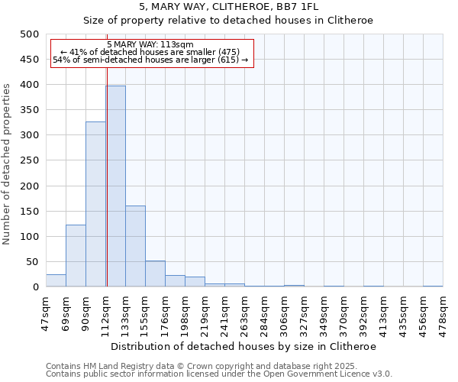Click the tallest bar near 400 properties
pos(116,186)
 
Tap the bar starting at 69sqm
pos(76,256)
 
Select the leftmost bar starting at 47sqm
pos(56,280)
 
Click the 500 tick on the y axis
pos(30,34)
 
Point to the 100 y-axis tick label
pos(30,237)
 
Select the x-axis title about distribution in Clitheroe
pos(244,346)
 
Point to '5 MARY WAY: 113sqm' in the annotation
pos(150,45)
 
